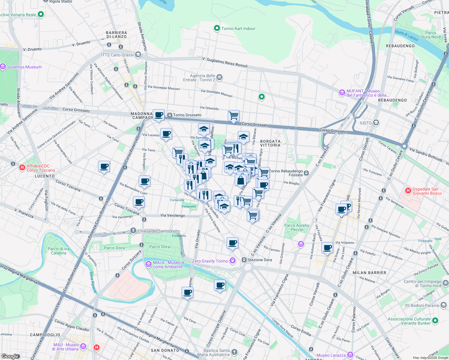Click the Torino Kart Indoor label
[238, 28]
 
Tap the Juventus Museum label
[24, 67]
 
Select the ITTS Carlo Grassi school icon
[138, 55]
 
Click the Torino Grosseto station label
[187, 115]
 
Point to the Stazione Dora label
[260, 260]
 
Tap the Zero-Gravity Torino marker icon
[233, 261]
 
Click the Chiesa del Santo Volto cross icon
[133, 231]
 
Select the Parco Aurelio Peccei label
[297, 227]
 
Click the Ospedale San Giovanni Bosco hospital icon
[408, 190]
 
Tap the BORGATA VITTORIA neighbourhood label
[270, 143]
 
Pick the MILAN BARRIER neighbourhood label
[369, 273]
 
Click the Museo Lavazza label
[331, 355]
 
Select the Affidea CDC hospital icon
[22, 167]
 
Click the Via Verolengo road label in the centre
[173, 215]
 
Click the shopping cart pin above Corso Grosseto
[234, 115]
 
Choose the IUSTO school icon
[376, 123]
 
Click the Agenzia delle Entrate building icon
[219, 77]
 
